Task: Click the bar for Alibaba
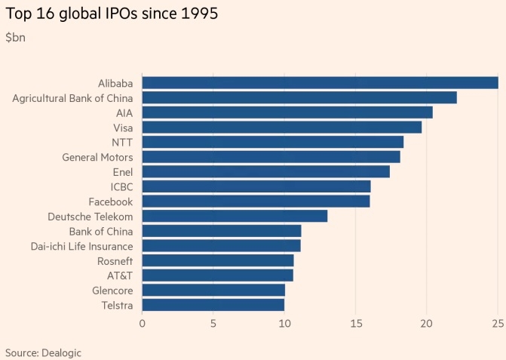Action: tap(320, 83)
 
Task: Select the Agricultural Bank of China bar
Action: tap(299, 97)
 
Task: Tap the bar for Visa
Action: tap(281, 127)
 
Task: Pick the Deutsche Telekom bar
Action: tap(235, 216)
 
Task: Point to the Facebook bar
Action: tap(256, 202)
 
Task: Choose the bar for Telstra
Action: tap(213, 305)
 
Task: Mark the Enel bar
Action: tap(265, 171)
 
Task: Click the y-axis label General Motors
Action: tap(97, 157)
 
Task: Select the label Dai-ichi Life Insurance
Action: tap(72, 246)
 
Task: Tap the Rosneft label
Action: tap(115, 260)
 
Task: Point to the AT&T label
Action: tap(118, 275)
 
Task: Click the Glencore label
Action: tap(112, 291)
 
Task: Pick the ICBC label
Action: tap(121, 186)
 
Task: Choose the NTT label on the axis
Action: tap(122, 142)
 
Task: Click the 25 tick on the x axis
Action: tap(498, 324)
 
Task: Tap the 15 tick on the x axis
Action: tap(355, 324)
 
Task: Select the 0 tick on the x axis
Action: tap(143, 324)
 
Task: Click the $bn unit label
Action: tap(16, 37)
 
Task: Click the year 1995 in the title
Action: tap(199, 14)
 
